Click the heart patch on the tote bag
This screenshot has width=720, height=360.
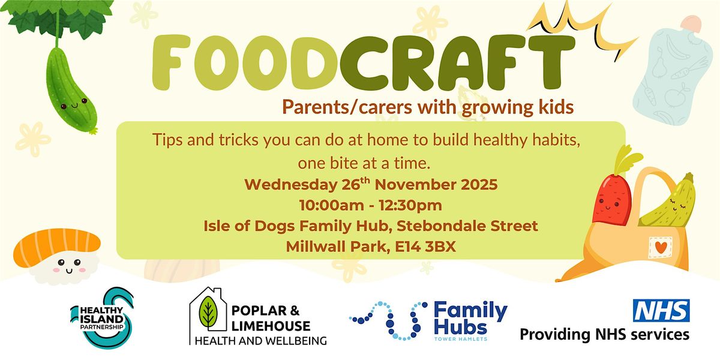coord(660,247)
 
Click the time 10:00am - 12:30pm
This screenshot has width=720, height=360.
coord(370,205)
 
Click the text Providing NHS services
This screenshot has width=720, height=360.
coord(604,334)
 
